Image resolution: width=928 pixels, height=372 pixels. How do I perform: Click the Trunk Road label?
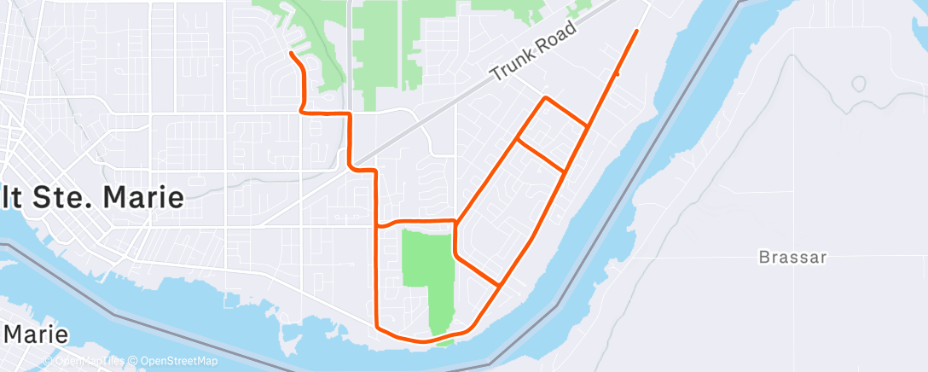(x=534, y=53)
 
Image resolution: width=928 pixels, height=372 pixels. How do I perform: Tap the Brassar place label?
(x=792, y=257)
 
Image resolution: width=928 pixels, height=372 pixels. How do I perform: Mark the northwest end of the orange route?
(x=292, y=54)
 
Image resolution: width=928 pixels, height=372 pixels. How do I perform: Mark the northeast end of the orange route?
(x=636, y=31)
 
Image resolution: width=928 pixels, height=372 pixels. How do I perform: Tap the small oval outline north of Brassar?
(x=858, y=84)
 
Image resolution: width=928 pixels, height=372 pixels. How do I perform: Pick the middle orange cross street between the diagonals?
(x=541, y=154)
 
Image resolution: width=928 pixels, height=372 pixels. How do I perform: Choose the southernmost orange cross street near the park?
(x=478, y=270)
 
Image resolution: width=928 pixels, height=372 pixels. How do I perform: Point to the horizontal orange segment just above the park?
(x=418, y=222)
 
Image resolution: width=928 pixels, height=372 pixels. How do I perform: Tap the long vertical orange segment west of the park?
(x=377, y=273)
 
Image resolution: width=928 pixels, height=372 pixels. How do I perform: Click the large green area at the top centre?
(x=384, y=43)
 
